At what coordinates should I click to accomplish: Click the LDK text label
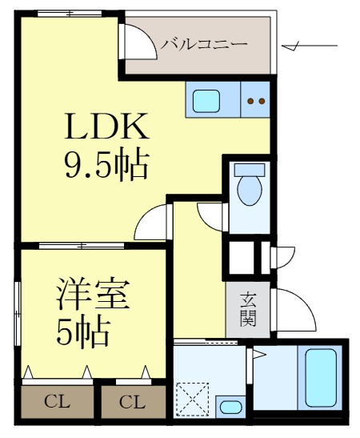(x=106, y=129)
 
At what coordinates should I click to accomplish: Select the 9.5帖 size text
(x=106, y=165)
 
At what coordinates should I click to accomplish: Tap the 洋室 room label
(x=93, y=295)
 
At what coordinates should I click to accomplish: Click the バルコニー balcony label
(x=204, y=44)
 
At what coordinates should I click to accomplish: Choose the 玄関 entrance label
(x=248, y=308)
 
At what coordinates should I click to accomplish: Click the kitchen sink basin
(x=207, y=101)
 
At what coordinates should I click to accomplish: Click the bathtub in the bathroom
(x=321, y=378)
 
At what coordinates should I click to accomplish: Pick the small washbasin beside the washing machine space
(x=230, y=406)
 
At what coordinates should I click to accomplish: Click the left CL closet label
(x=55, y=401)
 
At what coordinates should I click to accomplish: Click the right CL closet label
(x=132, y=401)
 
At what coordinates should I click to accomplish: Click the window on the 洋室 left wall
(x=17, y=312)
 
